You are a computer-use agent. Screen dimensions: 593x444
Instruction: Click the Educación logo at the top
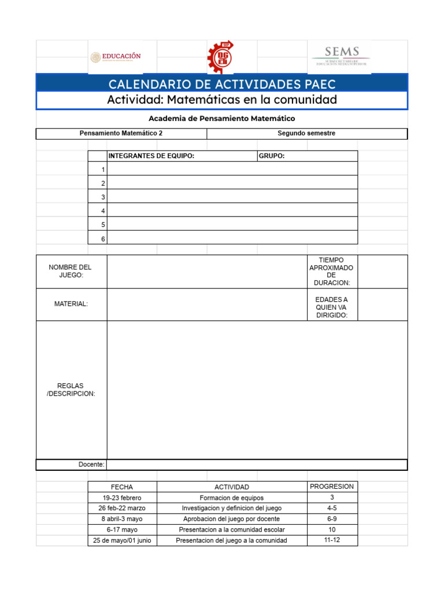(116, 57)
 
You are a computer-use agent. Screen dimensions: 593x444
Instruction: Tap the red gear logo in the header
(221, 57)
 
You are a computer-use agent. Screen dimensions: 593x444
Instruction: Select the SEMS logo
(342, 56)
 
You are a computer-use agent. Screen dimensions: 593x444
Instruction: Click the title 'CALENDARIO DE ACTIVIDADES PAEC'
(222, 85)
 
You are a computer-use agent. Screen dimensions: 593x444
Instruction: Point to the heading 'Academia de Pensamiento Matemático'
(222, 118)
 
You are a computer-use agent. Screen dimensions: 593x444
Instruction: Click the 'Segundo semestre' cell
(306, 133)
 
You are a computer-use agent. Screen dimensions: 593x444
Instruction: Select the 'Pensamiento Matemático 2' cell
(121, 133)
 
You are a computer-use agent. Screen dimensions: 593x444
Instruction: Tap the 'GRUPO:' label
(272, 156)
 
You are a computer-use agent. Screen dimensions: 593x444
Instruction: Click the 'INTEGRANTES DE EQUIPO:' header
(151, 156)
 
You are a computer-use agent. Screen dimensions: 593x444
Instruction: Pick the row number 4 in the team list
(103, 211)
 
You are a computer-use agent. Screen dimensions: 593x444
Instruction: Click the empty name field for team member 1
(232, 169)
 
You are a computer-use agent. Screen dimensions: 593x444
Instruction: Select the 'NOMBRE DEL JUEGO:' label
(71, 271)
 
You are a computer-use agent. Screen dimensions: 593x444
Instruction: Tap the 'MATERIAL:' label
(71, 304)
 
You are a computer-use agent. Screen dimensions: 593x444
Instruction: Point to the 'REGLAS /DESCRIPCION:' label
(71, 390)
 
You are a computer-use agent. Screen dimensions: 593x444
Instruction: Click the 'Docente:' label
(91, 464)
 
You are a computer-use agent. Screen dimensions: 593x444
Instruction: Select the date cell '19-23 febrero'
(122, 498)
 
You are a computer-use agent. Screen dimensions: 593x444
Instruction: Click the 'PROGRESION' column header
(332, 486)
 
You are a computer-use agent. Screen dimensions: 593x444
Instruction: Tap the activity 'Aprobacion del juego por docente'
(231, 519)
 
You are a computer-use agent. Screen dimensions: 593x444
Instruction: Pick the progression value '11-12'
(332, 540)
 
